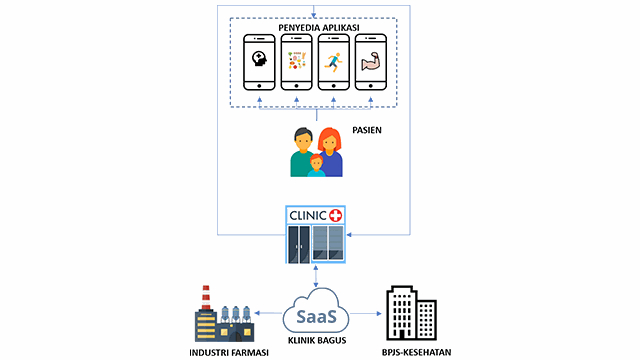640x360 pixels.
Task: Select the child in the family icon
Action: coord(316,167)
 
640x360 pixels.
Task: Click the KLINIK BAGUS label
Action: coord(316,342)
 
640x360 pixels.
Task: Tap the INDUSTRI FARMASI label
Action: coord(221,351)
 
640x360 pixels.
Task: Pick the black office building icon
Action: coord(412,312)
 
